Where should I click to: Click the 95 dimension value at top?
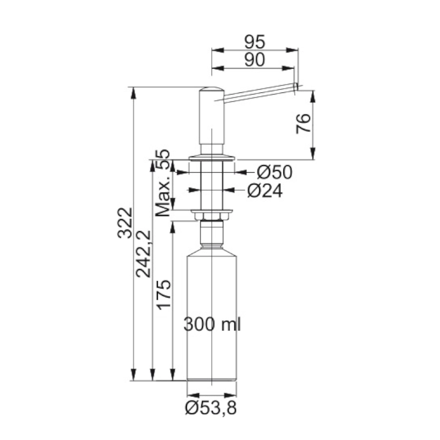pyautogui.click(x=255, y=42)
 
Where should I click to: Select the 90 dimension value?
pyautogui.click(x=255, y=60)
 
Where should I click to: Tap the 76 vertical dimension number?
pyautogui.click(x=304, y=123)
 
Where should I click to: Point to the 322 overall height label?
pyautogui.click(x=125, y=223)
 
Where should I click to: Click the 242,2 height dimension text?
pyautogui.click(x=144, y=254)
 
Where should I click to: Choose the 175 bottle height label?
pyautogui.click(x=163, y=295)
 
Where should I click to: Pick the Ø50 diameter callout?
pyautogui.click(x=274, y=172)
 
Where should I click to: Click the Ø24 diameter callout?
pyautogui.click(x=265, y=191)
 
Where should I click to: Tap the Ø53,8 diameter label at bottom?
pyautogui.click(x=211, y=408)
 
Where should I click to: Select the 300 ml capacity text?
pyautogui.click(x=212, y=324)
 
